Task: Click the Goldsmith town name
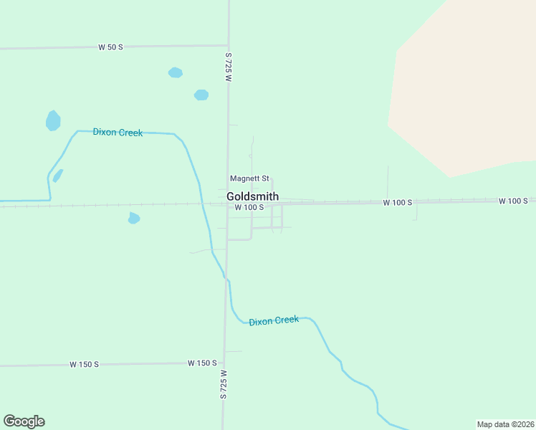coord(252,196)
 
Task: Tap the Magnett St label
coord(249,178)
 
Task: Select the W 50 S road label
coord(111,47)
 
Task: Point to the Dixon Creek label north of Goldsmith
coord(118,133)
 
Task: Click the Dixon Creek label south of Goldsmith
coord(274,320)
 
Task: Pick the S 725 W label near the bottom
coord(224,384)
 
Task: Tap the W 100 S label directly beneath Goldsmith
coord(249,207)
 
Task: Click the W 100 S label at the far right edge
coord(513,201)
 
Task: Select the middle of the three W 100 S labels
coord(397,203)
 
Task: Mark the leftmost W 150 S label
coord(84,364)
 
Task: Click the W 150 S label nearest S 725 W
coord(202,363)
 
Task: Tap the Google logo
coord(24,421)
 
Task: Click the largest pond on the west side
coord(53,120)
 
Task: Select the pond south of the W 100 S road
coord(133,218)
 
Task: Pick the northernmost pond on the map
coord(175,72)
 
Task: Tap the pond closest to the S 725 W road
coord(201,95)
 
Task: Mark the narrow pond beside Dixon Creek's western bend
coord(57,175)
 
